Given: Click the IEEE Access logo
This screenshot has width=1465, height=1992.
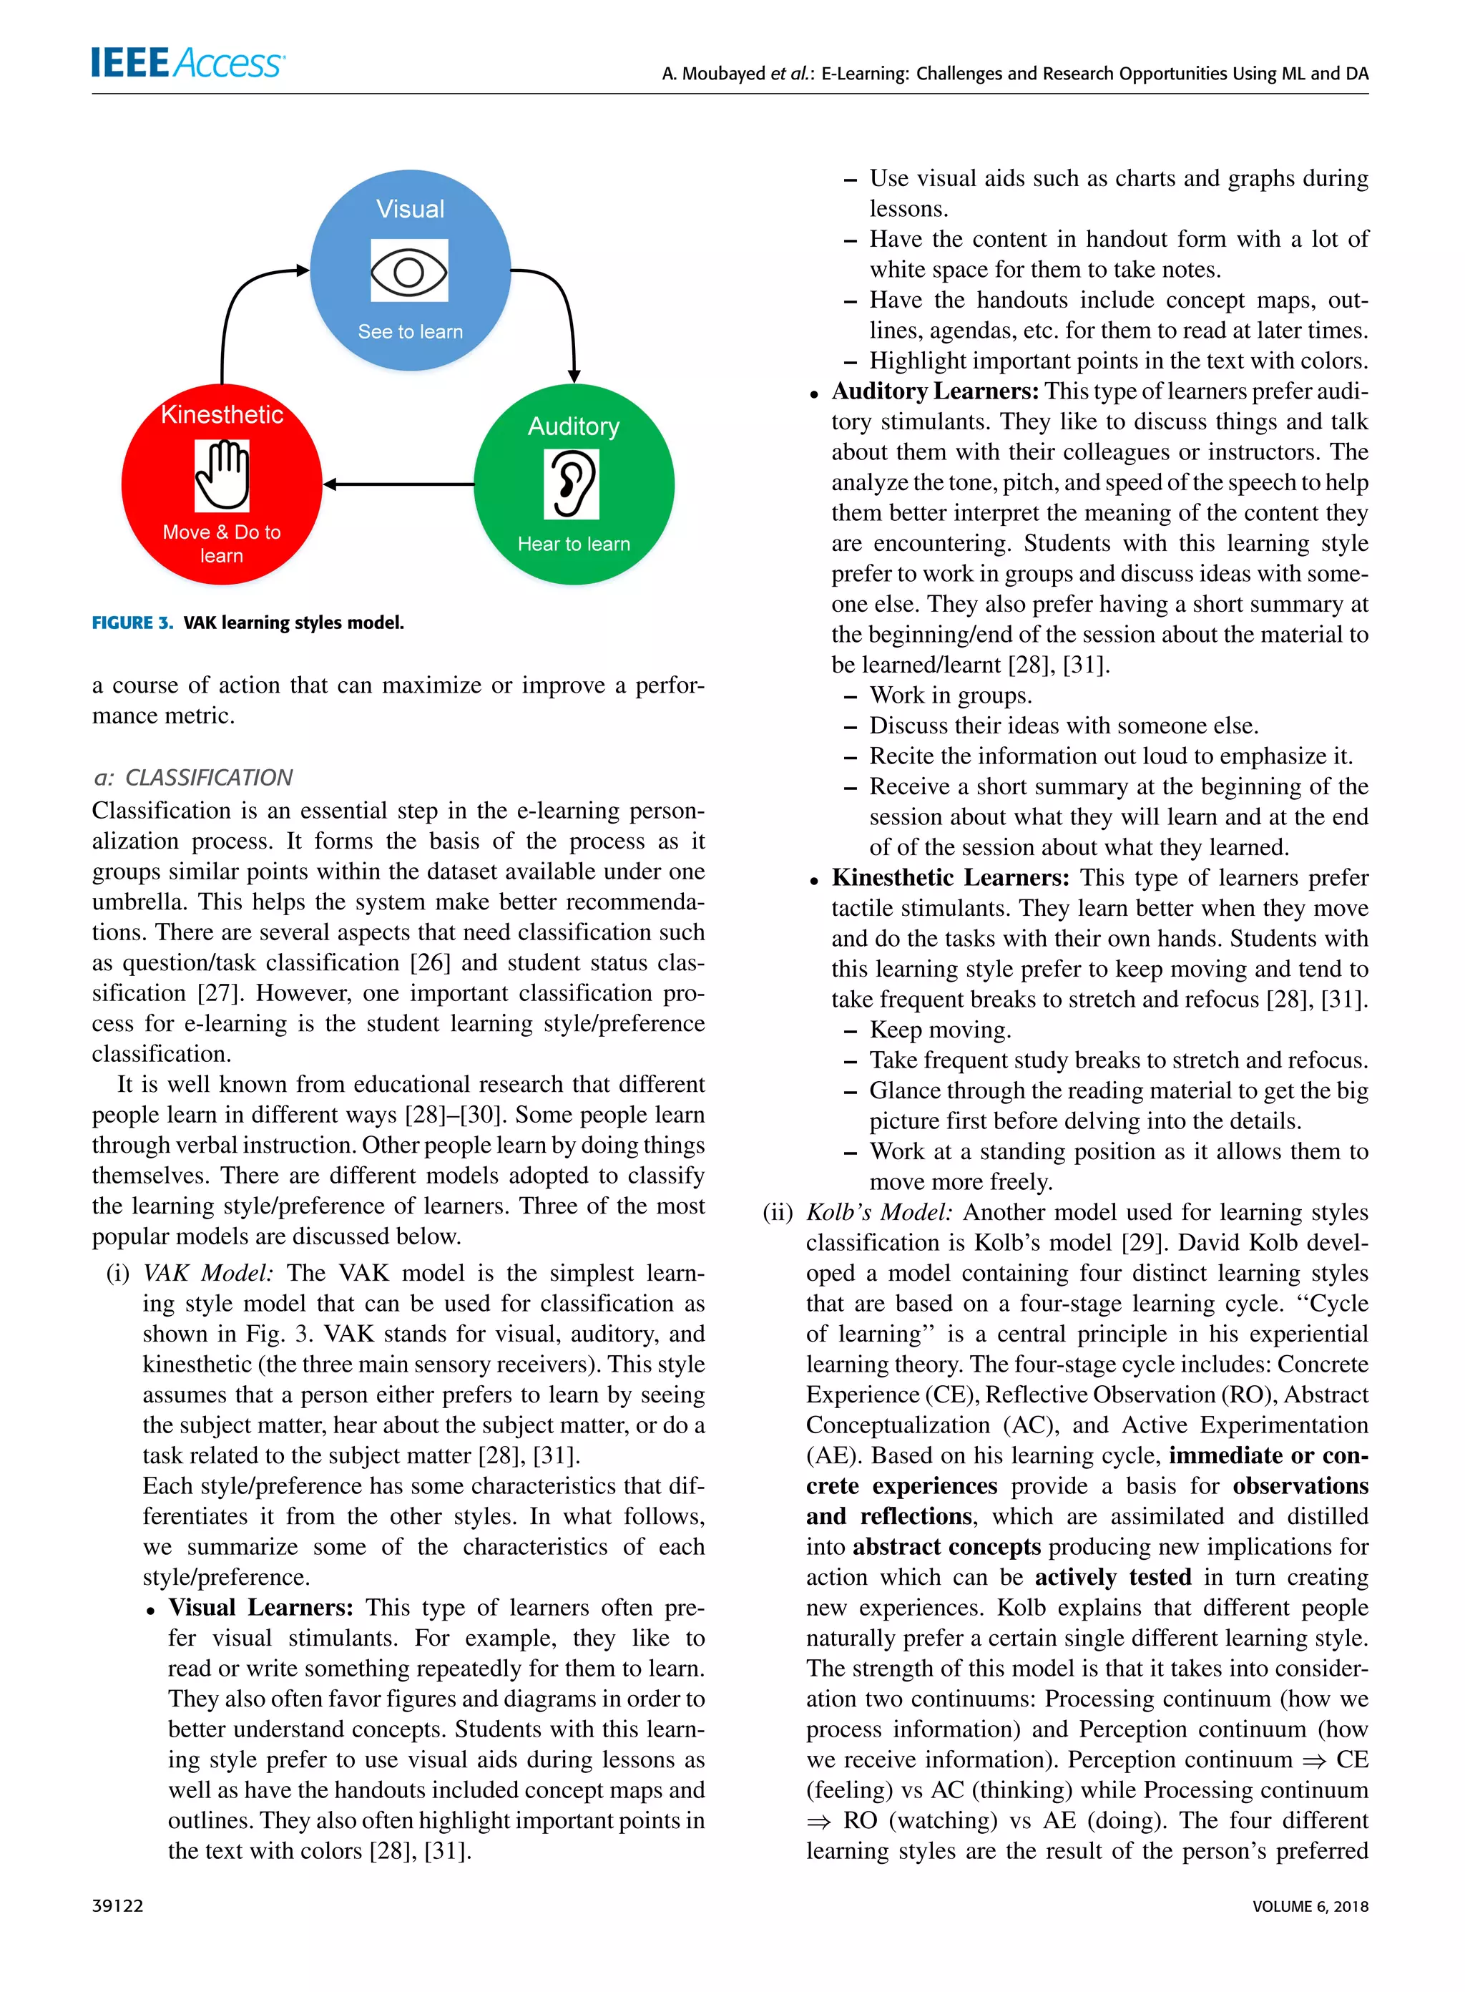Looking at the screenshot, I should click(187, 62).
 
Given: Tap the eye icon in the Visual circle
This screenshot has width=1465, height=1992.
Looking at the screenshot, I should click(409, 270).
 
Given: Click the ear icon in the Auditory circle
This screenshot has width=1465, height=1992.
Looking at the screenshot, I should click(572, 484).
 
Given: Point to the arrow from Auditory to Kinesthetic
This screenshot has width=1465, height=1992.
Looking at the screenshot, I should click(399, 484).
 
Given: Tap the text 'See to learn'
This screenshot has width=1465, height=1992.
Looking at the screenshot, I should click(410, 332).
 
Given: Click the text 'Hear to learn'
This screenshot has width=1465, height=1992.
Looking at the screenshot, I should click(574, 544).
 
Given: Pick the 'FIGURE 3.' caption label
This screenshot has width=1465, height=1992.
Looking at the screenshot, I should click(133, 622).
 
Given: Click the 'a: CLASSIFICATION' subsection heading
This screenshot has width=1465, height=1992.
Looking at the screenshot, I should click(192, 778).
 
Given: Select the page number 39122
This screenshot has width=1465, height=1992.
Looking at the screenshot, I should click(117, 1906).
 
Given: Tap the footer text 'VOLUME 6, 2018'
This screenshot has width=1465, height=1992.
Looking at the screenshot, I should click(1310, 1906).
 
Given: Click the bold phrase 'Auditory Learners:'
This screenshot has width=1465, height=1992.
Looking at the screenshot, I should click(935, 391).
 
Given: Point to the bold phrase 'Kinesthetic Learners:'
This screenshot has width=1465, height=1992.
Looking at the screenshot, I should click(951, 877).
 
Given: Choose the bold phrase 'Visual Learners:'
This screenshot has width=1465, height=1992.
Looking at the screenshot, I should click(260, 1607).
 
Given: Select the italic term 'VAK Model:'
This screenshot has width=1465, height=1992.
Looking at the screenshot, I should click(207, 1273).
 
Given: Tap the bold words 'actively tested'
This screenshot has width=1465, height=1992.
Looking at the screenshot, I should click(1113, 1577).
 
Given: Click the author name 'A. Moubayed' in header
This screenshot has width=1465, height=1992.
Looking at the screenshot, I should click(713, 74).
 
